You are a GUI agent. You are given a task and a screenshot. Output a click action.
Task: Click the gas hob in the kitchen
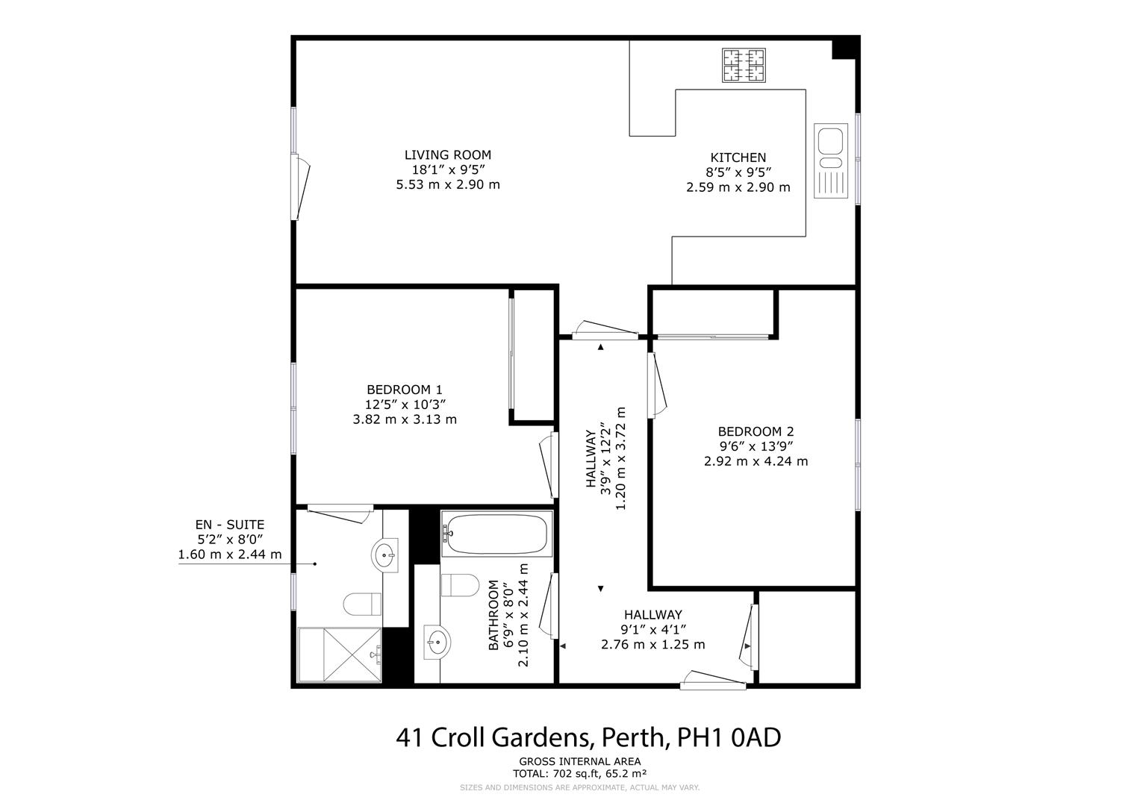(744, 65)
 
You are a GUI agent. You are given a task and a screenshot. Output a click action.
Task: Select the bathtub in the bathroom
(495, 533)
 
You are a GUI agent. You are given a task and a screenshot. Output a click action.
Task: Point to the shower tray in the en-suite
(340, 655)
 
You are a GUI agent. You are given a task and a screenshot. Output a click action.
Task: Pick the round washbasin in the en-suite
(385, 554)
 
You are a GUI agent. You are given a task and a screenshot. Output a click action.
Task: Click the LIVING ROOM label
(448, 155)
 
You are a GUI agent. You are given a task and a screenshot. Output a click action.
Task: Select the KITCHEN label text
(738, 157)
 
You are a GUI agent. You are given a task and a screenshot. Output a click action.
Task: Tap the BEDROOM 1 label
(405, 390)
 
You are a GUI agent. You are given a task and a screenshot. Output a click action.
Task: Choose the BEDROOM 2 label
(756, 431)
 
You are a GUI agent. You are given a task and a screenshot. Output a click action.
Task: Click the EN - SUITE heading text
(229, 525)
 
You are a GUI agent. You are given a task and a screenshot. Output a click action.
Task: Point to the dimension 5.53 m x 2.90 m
(448, 184)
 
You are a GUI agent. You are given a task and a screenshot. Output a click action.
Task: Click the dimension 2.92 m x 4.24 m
(756, 461)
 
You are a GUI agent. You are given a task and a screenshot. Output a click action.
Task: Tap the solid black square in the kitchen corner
(844, 49)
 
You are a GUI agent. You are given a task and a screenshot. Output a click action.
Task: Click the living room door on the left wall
(302, 187)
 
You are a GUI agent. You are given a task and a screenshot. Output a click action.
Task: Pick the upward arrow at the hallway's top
(600, 346)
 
